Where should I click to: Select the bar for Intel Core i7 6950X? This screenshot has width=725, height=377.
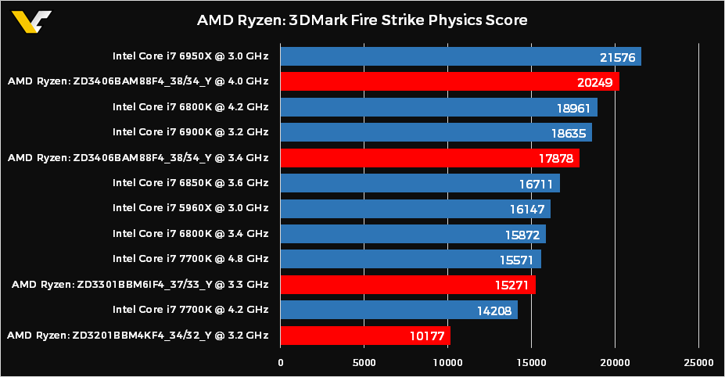[x=460, y=56]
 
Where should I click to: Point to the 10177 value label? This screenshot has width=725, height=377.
[x=423, y=336]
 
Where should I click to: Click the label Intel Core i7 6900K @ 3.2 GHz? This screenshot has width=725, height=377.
[x=190, y=132]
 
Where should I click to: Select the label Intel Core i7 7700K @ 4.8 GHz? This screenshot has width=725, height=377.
[x=190, y=259]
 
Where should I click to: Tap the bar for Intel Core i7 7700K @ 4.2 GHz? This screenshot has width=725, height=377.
[x=399, y=311]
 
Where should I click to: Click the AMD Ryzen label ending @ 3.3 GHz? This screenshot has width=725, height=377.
[x=140, y=285]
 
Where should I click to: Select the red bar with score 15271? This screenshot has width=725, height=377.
[x=407, y=285]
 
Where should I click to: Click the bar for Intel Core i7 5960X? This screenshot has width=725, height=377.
[x=415, y=209]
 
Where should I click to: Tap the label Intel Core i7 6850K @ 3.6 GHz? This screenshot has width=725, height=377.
[x=190, y=183]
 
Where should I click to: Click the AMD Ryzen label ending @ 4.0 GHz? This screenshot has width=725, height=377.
[x=138, y=81]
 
